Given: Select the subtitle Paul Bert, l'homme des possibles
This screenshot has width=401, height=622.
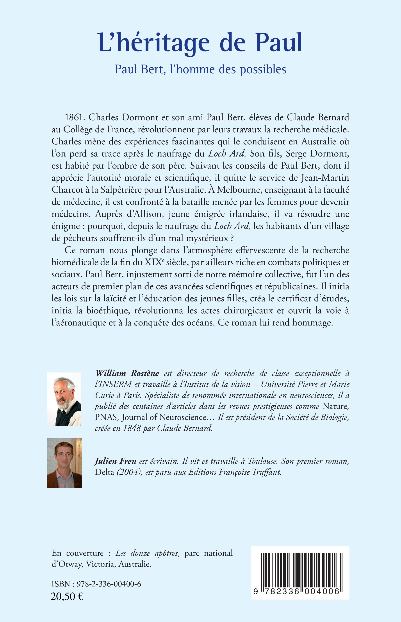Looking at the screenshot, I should click(200, 70).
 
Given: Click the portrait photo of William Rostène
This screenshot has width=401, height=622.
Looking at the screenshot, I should click(64, 399).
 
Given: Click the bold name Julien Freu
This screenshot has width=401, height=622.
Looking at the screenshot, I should click(115, 461).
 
